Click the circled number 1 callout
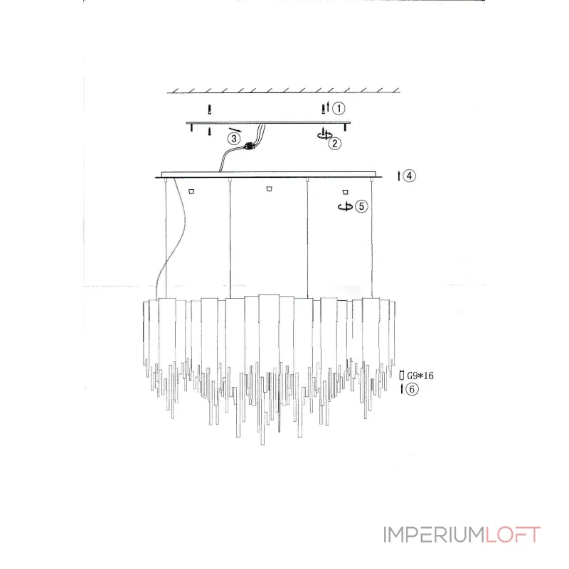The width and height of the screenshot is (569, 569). click(x=339, y=108)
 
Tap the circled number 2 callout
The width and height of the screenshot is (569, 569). click(x=335, y=144)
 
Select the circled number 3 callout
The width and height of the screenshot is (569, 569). click(x=234, y=139)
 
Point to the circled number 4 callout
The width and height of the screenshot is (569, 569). click(x=410, y=176)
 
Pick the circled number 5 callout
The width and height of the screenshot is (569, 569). click(x=361, y=206)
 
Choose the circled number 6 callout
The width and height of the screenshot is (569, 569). click(x=412, y=389)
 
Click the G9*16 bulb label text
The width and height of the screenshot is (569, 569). click(x=420, y=376)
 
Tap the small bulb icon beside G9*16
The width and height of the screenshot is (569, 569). click(x=401, y=376)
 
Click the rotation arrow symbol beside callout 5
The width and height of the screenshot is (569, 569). click(x=345, y=207)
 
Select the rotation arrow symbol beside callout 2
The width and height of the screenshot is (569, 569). click(x=324, y=134)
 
